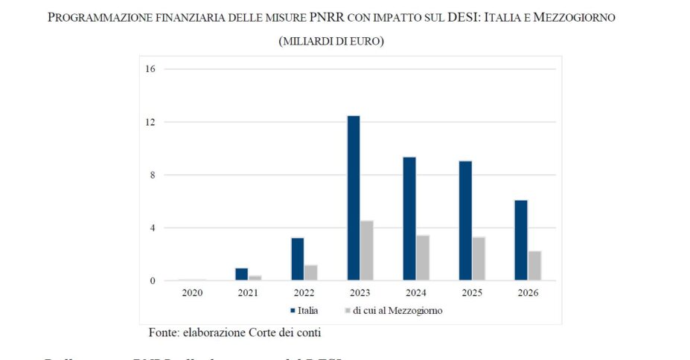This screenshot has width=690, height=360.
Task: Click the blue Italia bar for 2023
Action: [354, 198]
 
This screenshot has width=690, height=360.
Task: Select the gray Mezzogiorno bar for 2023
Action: [367, 251]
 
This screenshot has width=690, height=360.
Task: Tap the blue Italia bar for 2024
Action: [409, 219]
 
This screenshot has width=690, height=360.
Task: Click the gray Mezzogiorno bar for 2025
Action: [479, 259]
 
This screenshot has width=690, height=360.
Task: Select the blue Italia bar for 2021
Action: [241, 274]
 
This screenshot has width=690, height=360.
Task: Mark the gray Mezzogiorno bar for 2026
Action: [534, 266]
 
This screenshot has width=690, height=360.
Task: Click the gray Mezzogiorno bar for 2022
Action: [311, 273]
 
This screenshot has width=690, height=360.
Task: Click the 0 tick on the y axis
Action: [152, 281]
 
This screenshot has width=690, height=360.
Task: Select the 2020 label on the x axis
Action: [192, 293]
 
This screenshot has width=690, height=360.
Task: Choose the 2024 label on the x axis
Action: [416, 293]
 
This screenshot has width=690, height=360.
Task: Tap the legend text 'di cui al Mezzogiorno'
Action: [397, 310]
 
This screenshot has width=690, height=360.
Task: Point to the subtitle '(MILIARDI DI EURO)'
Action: [331, 42]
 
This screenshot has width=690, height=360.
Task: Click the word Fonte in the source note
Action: [165, 332]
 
